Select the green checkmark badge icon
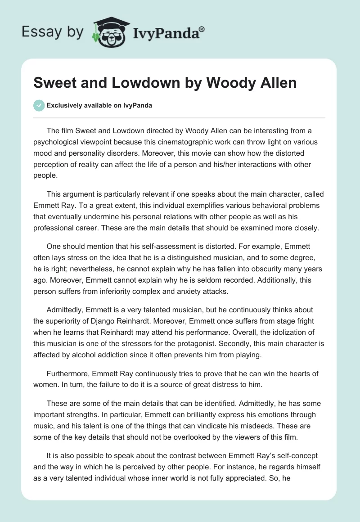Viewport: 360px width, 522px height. click(x=39, y=106)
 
